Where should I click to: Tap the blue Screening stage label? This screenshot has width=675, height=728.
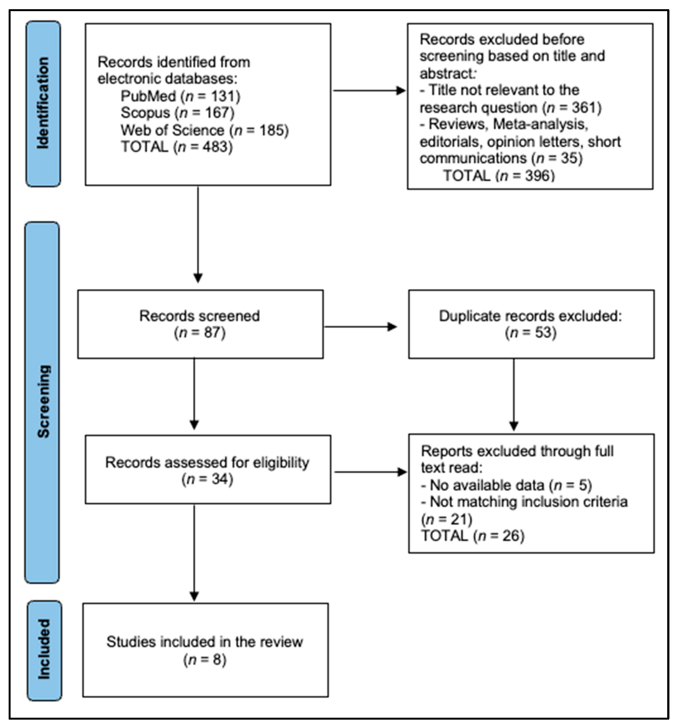click(42, 402)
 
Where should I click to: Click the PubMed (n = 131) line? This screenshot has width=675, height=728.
click(180, 96)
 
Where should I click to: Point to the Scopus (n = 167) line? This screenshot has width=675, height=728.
click(178, 113)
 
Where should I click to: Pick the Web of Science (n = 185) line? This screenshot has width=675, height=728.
click(205, 130)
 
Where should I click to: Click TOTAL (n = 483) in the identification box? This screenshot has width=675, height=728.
click(177, 147)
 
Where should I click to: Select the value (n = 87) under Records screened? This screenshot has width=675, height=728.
click(200, 332)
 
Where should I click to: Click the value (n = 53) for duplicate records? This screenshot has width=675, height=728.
click(531, 332)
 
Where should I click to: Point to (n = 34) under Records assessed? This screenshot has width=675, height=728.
click(207, 479)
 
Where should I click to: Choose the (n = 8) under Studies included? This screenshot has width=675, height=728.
click(205, 660)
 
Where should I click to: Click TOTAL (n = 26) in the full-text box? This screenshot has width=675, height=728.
click(473, 536)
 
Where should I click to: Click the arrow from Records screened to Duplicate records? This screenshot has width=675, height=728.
click(361, 327)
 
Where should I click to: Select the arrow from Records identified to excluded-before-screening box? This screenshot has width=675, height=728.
click(369, 90)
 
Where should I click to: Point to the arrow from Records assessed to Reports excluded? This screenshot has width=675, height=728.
click(370, 472)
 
